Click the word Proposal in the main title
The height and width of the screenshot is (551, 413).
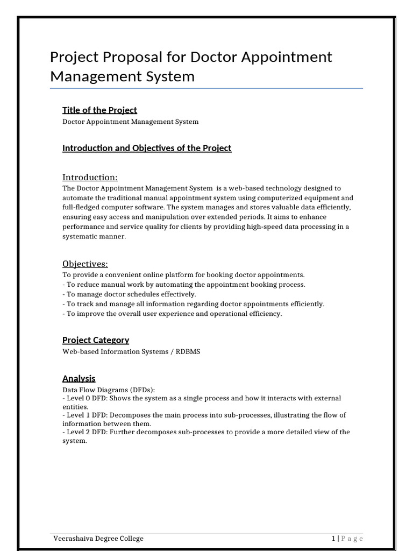[x=133, y=57]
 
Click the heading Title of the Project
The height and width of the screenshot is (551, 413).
[x=99, y=110]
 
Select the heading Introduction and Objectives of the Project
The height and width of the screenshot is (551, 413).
[x=147, y=148]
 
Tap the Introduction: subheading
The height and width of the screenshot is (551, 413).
[x=90, y=177]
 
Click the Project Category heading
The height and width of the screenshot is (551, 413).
[x=96, y=340]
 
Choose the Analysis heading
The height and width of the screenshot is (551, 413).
[x=79, y=378]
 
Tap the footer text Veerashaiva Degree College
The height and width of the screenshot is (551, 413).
[x=98, y=538]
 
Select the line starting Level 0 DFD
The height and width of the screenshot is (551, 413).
[x=202, y=398]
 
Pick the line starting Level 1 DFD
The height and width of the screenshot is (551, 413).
[x=204, y=415]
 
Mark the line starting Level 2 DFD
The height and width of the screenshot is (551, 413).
[x=206, y=432]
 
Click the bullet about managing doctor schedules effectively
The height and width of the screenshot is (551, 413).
[x=129, y=294]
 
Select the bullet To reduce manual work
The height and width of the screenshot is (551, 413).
[x=183, y=284]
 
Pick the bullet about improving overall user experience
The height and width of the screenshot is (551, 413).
[x=172, y=314]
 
